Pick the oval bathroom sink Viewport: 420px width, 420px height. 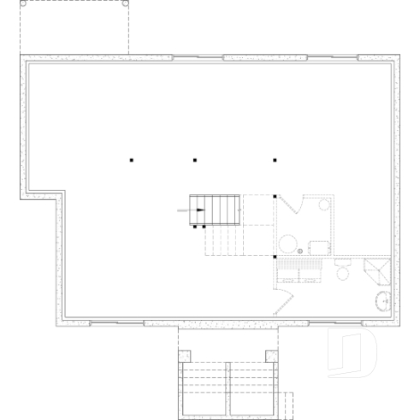pos(384,301)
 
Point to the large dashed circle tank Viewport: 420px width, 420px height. pos(289,242)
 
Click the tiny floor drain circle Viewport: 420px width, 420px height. pos(300,250)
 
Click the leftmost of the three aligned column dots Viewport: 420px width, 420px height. pos(132,159)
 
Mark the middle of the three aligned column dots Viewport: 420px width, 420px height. pos(195,159)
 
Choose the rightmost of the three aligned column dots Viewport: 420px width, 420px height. pos(275,159)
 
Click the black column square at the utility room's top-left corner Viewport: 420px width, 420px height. pos(275,197)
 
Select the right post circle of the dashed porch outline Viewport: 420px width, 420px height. pos(126,3)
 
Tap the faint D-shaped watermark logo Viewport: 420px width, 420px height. pos(352,351)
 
